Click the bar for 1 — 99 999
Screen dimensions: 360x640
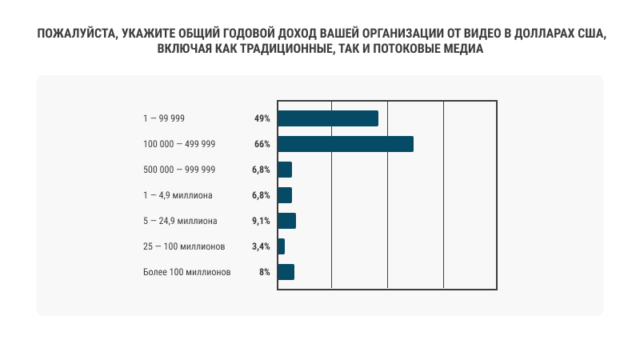click(327, 118)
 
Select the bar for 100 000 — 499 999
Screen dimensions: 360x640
click(345, 144)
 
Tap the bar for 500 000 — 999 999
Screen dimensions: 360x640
click(285, 170)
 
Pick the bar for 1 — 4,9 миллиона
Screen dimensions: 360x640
click(285, 195)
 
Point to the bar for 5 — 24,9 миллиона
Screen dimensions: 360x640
click(286, 221)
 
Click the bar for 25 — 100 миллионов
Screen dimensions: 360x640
click(281, 246)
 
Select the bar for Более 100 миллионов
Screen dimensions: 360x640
click(286, 272)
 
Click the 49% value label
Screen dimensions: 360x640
click(262, 118)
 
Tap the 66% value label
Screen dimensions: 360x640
click(262, 144)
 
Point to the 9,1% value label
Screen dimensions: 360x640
click(260, 221)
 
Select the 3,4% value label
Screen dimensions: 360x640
click(260, 246)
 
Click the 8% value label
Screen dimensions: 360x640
click(264, 272)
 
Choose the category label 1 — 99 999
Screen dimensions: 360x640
click(164, 118)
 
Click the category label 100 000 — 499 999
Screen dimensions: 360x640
click(179, 144)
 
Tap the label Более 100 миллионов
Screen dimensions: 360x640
click(186, 272)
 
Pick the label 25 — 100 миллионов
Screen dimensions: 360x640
click(185, 246)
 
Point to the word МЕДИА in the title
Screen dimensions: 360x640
click(463, 50)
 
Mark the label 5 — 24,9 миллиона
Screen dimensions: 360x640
click(181, 221)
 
